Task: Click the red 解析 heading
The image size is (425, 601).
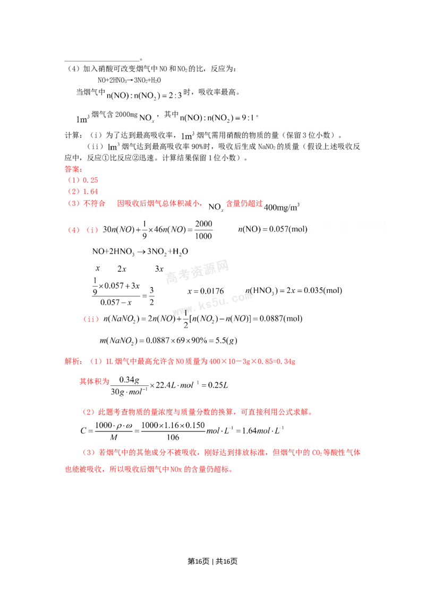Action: tap(72, 362)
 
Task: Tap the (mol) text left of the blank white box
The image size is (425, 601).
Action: tap(297, 229)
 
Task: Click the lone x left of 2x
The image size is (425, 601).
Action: tap(97, 268)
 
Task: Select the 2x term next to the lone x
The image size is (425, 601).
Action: tap(121, 268)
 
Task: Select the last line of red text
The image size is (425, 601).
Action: tap(148, 470)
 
